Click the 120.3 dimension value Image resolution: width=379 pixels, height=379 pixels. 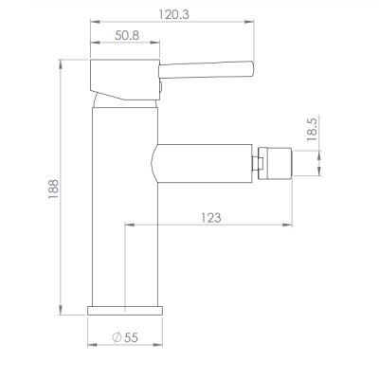[173, 14]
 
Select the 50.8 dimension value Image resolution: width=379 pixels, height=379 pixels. [127, 35]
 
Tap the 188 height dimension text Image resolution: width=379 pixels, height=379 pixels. [53, 189]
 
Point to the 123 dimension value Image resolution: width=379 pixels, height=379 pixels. [211, 218]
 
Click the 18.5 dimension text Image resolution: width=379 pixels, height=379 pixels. [312, 129]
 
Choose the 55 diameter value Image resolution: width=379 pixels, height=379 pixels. [131, 337]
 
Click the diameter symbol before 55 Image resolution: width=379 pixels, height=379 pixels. [117, 337]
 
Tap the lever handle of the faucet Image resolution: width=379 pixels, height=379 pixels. [206, 70]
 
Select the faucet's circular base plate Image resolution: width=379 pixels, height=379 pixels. [125, 311]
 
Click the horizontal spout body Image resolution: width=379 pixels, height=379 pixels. [202, 163]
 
